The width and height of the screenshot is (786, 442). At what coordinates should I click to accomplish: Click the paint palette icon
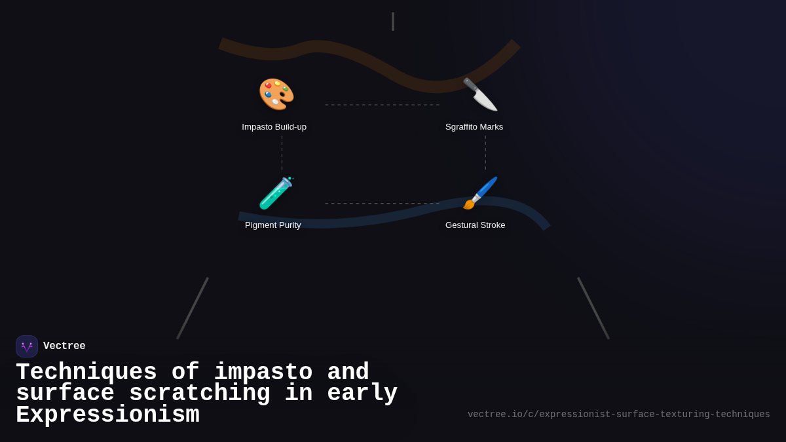(x=276, y=94)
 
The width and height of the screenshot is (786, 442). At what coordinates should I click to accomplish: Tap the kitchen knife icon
(x=480, y=94)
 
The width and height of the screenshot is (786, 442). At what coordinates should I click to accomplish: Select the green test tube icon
(x=276, y=193)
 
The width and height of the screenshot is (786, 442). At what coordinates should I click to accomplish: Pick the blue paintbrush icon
(x=480, y=193)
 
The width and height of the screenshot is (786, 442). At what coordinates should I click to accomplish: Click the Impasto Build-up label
(x=274, y=127)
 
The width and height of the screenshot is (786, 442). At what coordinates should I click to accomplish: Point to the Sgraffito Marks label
(x=474, y=127)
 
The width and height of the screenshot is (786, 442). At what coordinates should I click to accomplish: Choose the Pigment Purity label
(x=273, y=225)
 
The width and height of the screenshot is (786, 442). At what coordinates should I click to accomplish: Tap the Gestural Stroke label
(x=475, y=225)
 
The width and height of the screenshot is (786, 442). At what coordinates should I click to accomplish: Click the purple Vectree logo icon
(x=27, y=346)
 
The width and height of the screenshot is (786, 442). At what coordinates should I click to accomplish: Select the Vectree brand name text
(x=64, y=346)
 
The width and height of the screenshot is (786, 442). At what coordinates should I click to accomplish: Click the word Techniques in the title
(x=86, y=372)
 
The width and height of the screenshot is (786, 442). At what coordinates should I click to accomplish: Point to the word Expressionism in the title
(x=107, y=414)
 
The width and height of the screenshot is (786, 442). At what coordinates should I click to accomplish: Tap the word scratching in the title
(x=200, y=394)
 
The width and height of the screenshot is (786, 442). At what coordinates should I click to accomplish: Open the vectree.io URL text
(x=618, y=414)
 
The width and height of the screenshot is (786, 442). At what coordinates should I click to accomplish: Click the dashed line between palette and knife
(x=382, y=105)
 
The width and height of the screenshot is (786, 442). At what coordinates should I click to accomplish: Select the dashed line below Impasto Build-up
(x=282, y=153)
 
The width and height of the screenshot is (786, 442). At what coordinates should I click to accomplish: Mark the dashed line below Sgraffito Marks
(x=485, y=153)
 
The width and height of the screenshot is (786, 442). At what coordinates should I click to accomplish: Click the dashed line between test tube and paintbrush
(x=382, y=204)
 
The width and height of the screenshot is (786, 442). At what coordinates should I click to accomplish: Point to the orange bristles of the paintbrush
(x=468, y=204)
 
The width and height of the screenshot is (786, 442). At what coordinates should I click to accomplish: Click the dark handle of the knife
(x=470, y=84)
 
